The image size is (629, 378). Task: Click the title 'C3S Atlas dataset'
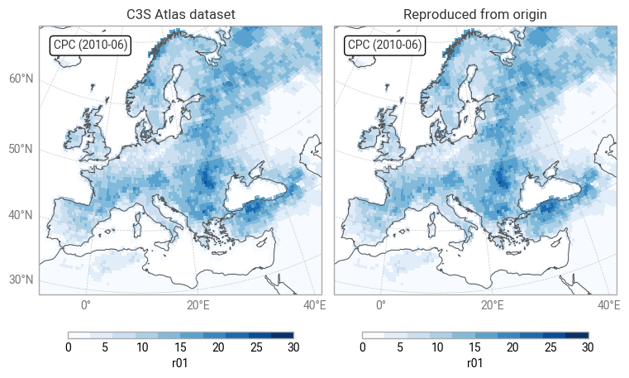click(180, 15)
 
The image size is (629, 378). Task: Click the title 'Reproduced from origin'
click(474, 15)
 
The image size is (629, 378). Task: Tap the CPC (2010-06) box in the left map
click(90, 45)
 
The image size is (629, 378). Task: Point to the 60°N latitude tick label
click(21, 79)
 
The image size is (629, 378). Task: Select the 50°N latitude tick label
click(21, 149)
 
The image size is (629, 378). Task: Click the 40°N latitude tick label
click(21, 216)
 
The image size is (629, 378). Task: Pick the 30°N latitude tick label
click(21, 280)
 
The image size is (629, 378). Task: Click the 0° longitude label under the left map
click(85, 305)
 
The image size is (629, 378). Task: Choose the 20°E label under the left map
click(198, 305)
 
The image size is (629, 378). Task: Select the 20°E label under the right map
click(493, 305)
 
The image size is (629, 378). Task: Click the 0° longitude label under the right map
click(380, 305)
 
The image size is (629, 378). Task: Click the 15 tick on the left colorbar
click(181, 347)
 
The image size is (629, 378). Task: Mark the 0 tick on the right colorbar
click(362, 347)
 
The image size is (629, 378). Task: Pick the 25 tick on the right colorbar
click(550, 347)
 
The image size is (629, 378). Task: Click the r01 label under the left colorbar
click(180, 362)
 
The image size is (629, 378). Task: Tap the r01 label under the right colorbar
click(474, 362)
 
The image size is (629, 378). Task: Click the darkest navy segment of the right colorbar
click(577, 335)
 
